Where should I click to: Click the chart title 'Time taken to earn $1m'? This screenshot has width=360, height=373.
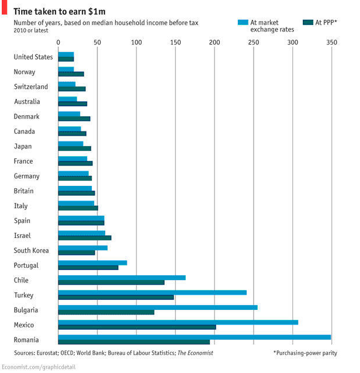pos(61,11)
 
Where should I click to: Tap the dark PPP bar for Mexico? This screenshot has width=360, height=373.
pos(137,327)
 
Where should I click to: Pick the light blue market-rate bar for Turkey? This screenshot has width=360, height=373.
pos(152,292)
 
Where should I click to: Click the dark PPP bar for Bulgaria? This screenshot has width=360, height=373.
pos(106,312)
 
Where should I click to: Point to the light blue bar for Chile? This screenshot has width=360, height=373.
pos(122,277)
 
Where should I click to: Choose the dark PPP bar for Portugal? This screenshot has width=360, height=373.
pos(88,268)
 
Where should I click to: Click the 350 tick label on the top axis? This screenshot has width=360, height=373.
pos(332,43)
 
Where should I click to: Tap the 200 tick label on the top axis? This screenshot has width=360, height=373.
pos(214,43)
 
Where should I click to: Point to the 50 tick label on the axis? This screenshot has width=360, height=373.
pos(97,43)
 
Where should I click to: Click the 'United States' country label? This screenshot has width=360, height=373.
pos(33,57)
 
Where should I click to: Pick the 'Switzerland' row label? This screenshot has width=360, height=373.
pos(31,87)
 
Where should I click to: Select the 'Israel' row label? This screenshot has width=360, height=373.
pos(22,236)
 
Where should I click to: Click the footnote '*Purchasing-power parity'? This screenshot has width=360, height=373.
pos(305,353)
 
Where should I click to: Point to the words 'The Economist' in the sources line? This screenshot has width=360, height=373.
pos(195,353)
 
